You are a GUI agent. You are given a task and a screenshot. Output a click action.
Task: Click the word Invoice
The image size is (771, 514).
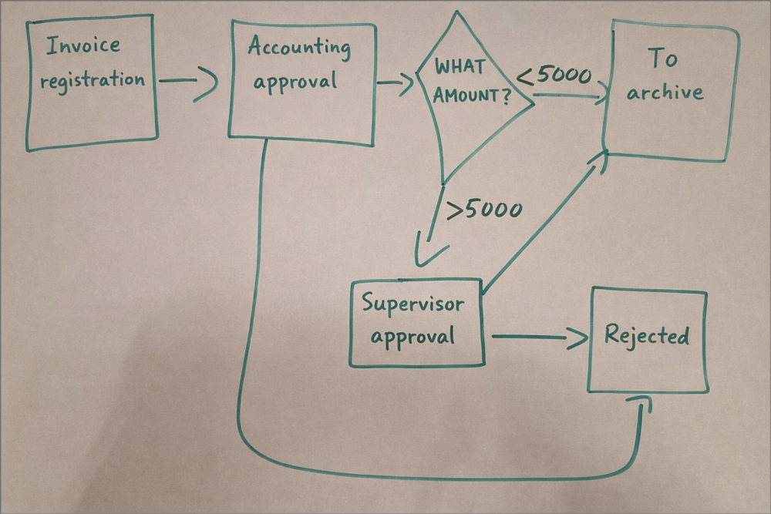[x=83, y=46]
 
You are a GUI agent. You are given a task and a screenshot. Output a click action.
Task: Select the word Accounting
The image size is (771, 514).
[x=299, y=48]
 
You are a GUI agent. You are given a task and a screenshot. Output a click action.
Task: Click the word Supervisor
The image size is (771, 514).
[x=413, y=303]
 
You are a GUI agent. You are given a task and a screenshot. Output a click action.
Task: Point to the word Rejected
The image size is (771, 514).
[x=646, y=336]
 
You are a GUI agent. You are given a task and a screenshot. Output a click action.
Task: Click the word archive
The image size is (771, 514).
[x=665, y=93]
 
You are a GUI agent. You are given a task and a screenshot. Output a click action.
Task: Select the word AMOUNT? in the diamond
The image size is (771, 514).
[x=472, y=97]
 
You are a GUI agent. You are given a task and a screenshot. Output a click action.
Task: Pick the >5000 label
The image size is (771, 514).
[x=484, y=210]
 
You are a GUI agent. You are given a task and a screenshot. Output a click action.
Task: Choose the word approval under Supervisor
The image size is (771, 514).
[x=412, y=337]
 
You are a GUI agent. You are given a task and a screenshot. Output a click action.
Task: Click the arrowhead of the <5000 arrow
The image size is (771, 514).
[x=598, y=97]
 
